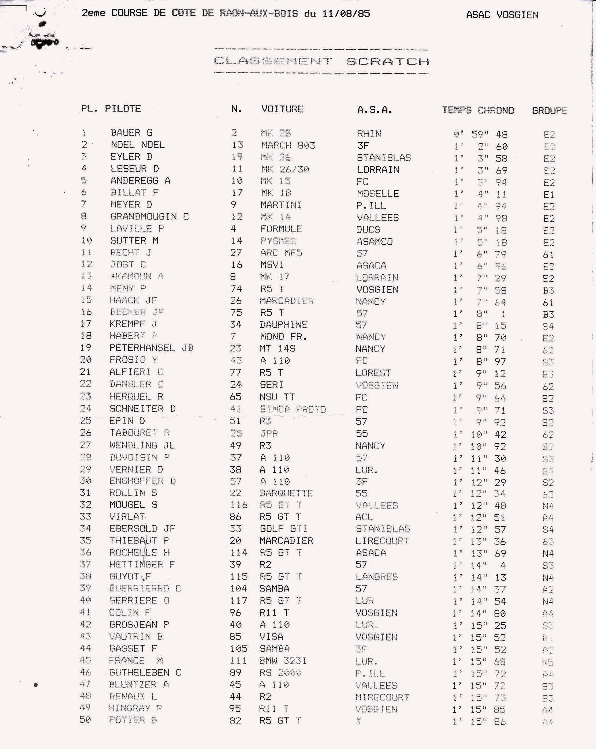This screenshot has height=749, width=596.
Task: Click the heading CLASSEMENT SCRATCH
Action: (321, 61)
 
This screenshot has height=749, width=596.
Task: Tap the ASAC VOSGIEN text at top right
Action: (502, 15)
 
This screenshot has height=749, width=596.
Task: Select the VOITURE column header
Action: (282, 109)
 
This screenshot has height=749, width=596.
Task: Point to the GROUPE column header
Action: (549, 111)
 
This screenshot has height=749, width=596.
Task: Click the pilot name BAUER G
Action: (131, 133)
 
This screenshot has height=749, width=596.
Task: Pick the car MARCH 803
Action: (288, 145)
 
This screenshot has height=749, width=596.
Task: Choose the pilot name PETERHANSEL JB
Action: (151, 348)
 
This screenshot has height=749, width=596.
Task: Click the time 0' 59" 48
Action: (480, 134)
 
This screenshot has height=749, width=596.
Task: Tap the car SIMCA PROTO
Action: (293, 409)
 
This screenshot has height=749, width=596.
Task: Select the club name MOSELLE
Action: (377, 193)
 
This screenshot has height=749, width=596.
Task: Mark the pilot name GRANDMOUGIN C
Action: (149, 217)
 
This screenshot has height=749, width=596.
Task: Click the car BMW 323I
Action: (283, 661)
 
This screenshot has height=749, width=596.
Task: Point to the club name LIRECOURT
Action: (382, 541)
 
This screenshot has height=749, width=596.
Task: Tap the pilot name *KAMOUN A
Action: (137, 276)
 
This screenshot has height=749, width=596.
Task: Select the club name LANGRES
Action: (376, 577)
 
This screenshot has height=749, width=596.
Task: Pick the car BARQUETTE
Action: (286, 493)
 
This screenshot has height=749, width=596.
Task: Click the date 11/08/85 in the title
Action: (346, 14)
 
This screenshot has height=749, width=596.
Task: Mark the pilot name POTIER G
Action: (133, 720)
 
